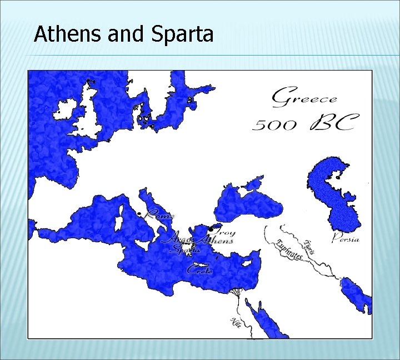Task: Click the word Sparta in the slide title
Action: click(181, 34)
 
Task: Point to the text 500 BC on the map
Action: click(303, 123)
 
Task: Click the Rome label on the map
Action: click(160, 214)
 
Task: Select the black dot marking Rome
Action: click(139, 214)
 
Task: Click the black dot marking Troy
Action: click(211, 229)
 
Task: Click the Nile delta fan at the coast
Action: click(237, 291)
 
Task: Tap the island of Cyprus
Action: click(244, 260)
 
